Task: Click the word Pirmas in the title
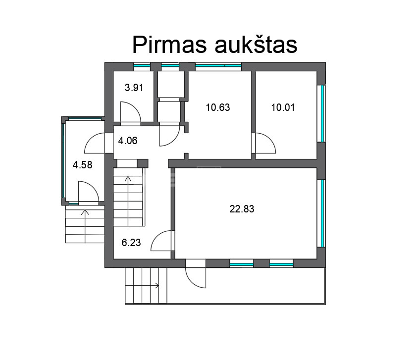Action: click(x=169, y=45)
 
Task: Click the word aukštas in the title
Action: click(x=256, y=45)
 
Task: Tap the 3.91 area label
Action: click(x=134, y=88)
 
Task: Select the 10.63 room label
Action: click(x=218, y=107)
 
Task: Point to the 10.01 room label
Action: click(x=283, y=107)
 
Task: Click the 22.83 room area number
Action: click(x=242, y=209)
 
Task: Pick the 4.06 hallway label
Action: click(x=128, y=141)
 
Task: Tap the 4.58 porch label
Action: click(x=82, y=165)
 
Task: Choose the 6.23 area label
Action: click(x=131, y=243)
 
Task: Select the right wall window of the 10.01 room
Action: click(x=322, y=113)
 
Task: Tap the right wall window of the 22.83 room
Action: click(x=322, y=213)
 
